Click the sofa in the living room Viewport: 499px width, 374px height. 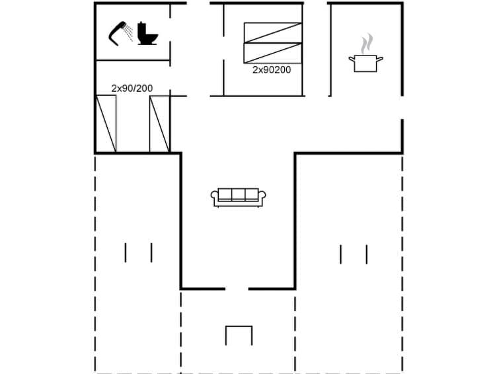click(238, 197)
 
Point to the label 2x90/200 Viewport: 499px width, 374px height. click(132, 88)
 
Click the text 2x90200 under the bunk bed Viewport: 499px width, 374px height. click(272, 69)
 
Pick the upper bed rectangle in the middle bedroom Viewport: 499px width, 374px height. click(272, 33)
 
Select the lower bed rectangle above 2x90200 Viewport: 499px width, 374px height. click(272, 53)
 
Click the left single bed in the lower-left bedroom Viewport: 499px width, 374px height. click(106, 124)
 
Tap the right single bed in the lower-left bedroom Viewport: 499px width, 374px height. click(159, 124)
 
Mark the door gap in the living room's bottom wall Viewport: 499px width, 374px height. click(237, 288)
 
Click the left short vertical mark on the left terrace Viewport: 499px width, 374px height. click(125, 252)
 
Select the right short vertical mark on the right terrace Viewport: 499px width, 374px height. click(366, 254)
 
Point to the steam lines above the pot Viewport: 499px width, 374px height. click(366, 44)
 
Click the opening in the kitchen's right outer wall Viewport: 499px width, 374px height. click(402, 108)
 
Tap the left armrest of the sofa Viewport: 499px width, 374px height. click(215, 196)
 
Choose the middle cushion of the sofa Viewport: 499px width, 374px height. click(238, 194)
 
